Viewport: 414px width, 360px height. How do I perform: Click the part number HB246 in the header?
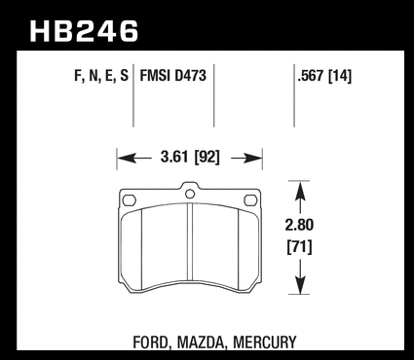point(84,31)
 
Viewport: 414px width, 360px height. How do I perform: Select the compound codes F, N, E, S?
point(101,76)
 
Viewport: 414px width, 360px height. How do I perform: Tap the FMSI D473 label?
point(173,76)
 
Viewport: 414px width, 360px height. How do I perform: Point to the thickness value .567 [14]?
point(324,76)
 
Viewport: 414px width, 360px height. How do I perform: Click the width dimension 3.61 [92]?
point(190,158)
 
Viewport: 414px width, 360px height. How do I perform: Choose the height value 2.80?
point(299,225)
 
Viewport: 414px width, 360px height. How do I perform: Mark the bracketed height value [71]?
point(299,247)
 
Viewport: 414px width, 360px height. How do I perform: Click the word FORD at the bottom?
point(151,342)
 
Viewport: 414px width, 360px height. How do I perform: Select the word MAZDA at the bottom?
point(201,342)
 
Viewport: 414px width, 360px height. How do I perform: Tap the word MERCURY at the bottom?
point(265,342)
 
